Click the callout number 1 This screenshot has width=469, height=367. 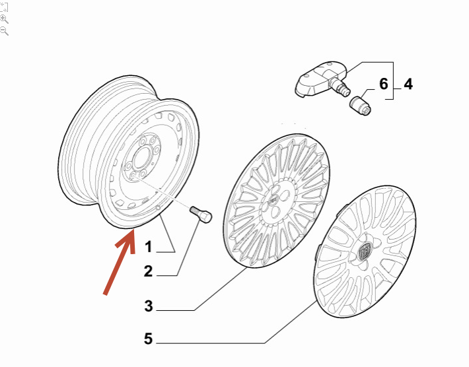tap(149, 247)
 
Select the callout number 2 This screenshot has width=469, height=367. tap(149, 271)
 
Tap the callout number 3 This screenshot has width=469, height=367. tap(149, 306)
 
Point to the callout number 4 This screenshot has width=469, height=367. tap(408, 84)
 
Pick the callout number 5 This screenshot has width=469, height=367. tap(149, 339)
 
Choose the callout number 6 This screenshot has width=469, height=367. tap(384, 84)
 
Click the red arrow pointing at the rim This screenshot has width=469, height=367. tap(120, 263)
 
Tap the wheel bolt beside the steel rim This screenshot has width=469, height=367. tap(200, 215)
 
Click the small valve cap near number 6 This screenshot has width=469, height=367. tap(361, 105)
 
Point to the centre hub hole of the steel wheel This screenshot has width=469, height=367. tap(140, 157)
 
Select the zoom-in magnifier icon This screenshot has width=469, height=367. tap(4, 19)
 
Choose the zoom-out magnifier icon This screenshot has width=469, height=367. tap(4, 31)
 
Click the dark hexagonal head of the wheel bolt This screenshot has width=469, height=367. tap(205, 217)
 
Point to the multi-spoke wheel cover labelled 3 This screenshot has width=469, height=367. tap(277, 201)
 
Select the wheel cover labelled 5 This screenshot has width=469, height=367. tap(365, 251)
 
